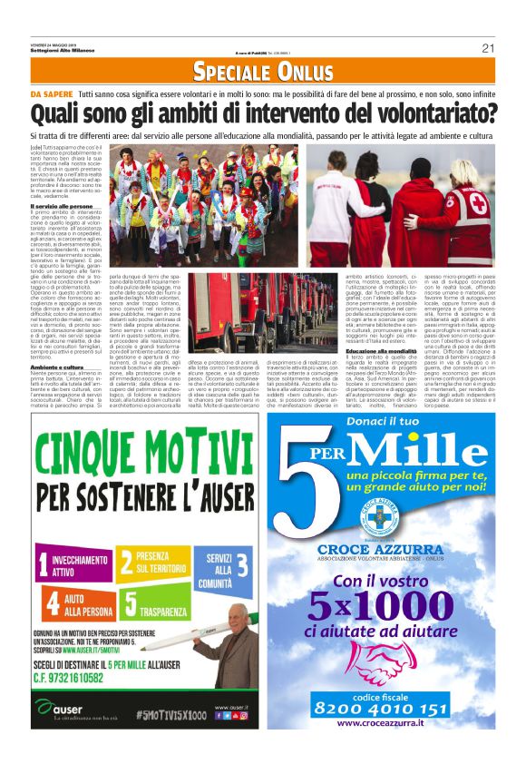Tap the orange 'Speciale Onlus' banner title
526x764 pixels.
(263, 72)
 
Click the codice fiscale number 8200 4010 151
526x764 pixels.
(394, 709)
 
